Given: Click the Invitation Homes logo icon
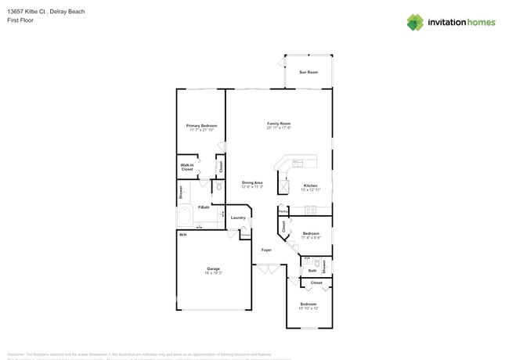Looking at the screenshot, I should tap(415, 22).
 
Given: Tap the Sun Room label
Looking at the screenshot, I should tap(309, 72).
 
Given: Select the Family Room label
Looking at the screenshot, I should tap(279, 125).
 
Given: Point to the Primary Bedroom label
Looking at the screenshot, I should tap(201, 127).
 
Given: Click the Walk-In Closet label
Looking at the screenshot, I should tap(187, 167).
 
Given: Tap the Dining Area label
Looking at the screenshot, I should tap(252, 184).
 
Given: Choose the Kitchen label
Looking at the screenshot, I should tap(311, 187).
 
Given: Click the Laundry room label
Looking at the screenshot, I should tap(239, 218).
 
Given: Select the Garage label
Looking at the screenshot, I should tap(213, 270).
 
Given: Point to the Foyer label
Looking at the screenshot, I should tap(266, 249).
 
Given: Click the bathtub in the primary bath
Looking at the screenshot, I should tap(186, 216).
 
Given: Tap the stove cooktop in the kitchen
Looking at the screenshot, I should tap(311, 209).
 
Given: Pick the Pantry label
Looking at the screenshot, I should tap(283, 211).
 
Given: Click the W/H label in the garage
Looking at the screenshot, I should tap(182, 235).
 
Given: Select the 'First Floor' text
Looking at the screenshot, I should tap(20, 20).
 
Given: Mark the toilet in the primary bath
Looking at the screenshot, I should tap(218, 188).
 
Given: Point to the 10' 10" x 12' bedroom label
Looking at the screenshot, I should tap(309, 305).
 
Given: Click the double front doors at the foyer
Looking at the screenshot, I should tap(267, 270).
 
